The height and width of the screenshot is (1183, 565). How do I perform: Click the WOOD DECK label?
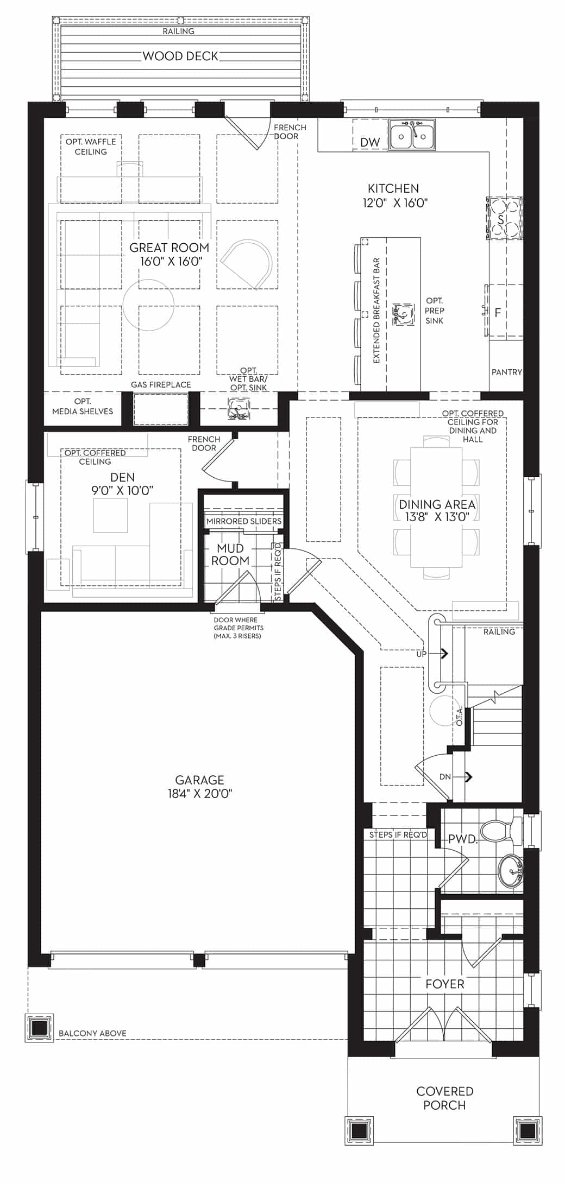[180, 56]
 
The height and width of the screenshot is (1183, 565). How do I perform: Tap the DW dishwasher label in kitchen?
[370, 143]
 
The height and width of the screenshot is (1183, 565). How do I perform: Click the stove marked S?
[505, 218]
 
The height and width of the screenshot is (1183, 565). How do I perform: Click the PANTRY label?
[506, 372]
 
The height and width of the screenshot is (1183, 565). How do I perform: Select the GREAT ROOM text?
[169, 248]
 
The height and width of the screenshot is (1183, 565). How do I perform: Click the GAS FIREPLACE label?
[161, 384]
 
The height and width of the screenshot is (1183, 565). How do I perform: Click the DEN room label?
[122, 477]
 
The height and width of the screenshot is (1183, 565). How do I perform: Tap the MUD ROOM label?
[230, 554]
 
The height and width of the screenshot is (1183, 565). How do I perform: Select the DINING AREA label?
[437, 504]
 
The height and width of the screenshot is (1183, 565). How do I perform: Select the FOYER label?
[445, 984]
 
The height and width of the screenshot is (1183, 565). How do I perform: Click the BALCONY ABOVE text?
[92, 1033]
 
